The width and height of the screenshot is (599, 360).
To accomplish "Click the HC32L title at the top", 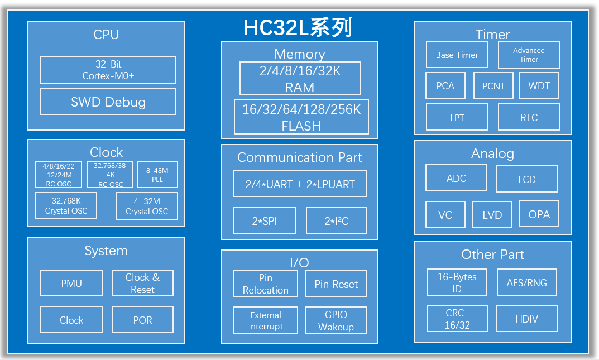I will click(x=298, y=27).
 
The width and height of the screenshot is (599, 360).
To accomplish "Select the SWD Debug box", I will click(x=108, y=102).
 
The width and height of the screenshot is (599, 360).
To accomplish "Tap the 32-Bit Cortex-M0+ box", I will click(x=108, y=70).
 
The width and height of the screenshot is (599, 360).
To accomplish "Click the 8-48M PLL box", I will click(x=157, y=175).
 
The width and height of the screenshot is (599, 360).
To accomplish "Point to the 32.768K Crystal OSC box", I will click(x=66, y=205).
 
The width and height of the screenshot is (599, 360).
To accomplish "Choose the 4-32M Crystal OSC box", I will click(x=147, y=206).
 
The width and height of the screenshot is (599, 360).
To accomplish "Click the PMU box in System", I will click(x=71, y=283).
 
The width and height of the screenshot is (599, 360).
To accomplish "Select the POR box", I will click(x=142, y=320).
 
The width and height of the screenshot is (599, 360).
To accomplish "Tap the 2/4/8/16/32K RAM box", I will click(x=300, y=78).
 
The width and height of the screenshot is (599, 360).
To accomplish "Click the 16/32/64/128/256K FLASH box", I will click(x=301, y=117).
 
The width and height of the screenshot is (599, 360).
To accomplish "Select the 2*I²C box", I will click(x=336, y=220).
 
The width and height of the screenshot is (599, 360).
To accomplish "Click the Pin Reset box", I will click(x=336, y=284).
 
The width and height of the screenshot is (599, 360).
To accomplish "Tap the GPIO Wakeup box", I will click(x=336, y=320).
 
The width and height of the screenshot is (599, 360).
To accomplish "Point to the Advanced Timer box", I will click(x=529, y=55).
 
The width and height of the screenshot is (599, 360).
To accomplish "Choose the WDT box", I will click(x=539, y=86).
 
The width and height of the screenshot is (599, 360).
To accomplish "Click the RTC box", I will click(x=529, y=117).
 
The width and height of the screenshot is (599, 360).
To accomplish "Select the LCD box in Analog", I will click(x=527, y=179).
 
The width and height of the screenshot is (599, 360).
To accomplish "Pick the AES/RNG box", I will click(x=527, y=282).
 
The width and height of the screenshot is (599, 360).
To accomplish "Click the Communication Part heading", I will click(x=300, y=157).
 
